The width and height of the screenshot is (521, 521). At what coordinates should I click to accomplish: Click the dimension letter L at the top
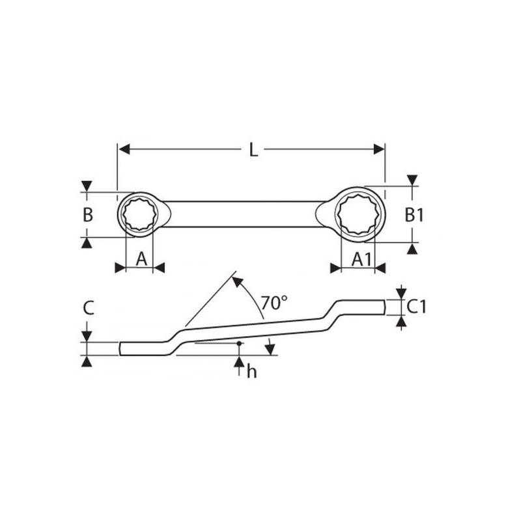[253, 150]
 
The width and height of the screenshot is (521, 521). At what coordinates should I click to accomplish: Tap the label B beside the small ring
[88, 215]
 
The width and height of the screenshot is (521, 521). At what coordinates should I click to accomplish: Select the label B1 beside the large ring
[414, 215]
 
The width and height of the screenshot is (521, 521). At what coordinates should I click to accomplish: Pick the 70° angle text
[274, 302]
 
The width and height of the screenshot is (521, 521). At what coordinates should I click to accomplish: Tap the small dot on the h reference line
[240, 343]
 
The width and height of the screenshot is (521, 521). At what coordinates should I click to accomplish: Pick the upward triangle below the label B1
[411, 248]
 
